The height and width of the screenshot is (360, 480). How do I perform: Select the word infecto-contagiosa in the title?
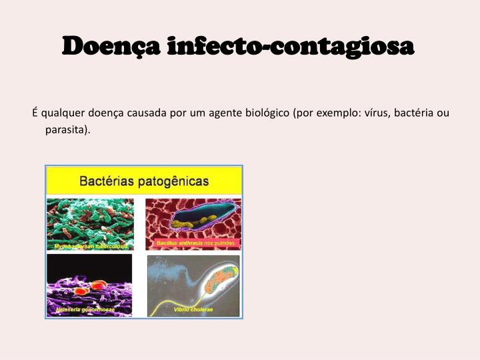[x=291, y=47]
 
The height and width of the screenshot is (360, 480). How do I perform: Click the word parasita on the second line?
[x=67, y=129]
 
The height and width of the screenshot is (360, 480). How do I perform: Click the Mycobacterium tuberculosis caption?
[x=91, y=246]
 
